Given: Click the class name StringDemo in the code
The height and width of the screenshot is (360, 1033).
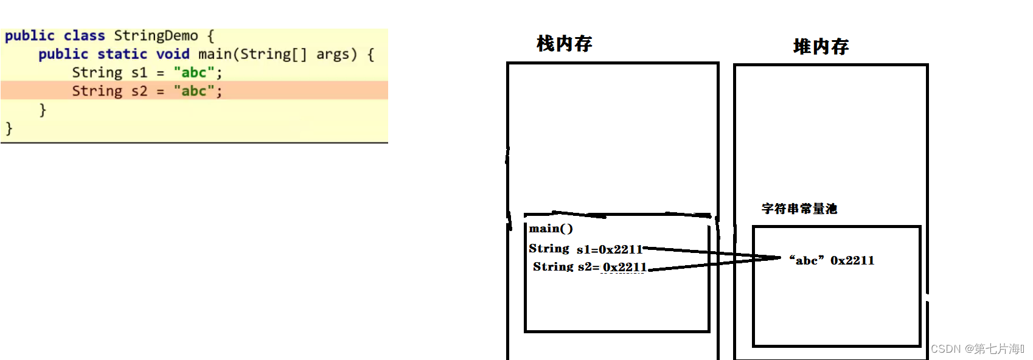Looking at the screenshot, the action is click(x=156, y=36).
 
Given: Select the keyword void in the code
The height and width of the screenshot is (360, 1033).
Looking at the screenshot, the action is click(x=173, y=54).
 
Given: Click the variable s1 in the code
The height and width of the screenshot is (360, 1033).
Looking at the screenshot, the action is click(x=139, y=73).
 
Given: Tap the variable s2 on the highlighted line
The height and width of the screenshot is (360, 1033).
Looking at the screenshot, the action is click(x=139, y=91).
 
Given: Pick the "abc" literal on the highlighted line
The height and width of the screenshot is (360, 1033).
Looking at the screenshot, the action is click(x=194, y=91).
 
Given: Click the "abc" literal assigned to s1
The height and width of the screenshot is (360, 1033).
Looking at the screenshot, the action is click(x=194, y=73).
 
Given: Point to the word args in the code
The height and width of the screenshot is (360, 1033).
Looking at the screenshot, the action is click(x=333, y=54).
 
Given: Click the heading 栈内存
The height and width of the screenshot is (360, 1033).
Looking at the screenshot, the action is click(x=564, y=44).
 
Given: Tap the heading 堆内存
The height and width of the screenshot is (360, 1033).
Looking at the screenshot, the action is click(x=821, y=47).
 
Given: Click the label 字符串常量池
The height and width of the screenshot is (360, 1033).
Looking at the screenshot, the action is click(x=799, y=209).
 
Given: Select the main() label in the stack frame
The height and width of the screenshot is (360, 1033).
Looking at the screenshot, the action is click(x=551, y=229).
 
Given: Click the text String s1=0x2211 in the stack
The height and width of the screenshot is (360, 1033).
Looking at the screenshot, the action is click(x=585, y=249).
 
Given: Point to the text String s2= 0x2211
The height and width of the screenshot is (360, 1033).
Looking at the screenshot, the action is click(x=589, y=267).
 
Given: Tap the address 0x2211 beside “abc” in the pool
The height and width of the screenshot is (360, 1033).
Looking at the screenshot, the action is click(x=852, y=260).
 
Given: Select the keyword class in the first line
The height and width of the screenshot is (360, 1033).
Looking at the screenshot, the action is click(x=84, y=36).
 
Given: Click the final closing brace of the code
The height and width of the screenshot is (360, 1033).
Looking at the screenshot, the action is click(x=9, y=128).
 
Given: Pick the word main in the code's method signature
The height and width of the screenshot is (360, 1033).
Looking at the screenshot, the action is click(x=215, y=54).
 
